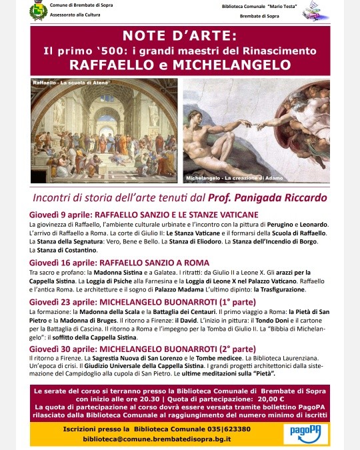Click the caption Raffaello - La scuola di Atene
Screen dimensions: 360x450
click(64, 82)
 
